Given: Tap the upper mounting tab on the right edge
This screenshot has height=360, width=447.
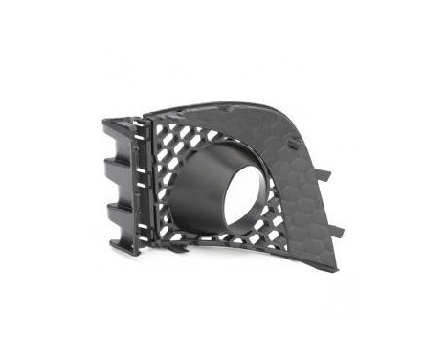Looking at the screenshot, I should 323,175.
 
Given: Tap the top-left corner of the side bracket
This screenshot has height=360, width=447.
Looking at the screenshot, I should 104,121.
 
